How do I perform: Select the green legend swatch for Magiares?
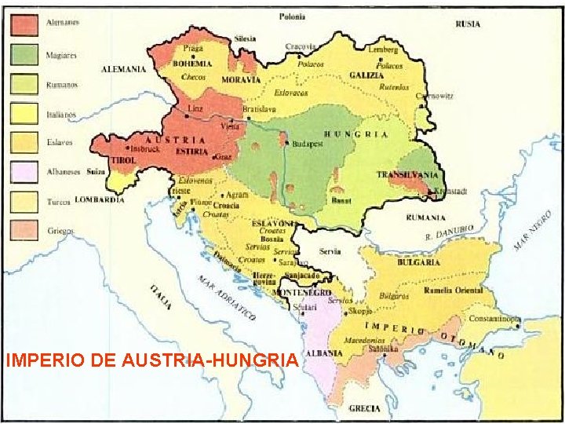coord(24,53)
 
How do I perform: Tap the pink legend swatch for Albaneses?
coord(24,171)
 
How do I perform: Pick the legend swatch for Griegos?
coord(24,229)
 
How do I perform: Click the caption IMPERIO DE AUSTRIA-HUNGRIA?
coord(151,360)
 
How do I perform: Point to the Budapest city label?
coord(308,144)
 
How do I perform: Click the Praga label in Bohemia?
coord(191,49)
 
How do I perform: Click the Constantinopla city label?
coord(494,319)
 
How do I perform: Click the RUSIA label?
coord(468,24)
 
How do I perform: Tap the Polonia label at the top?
coord(293,16)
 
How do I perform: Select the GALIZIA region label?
coord(366,75)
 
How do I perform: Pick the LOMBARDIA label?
coord(100,200)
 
